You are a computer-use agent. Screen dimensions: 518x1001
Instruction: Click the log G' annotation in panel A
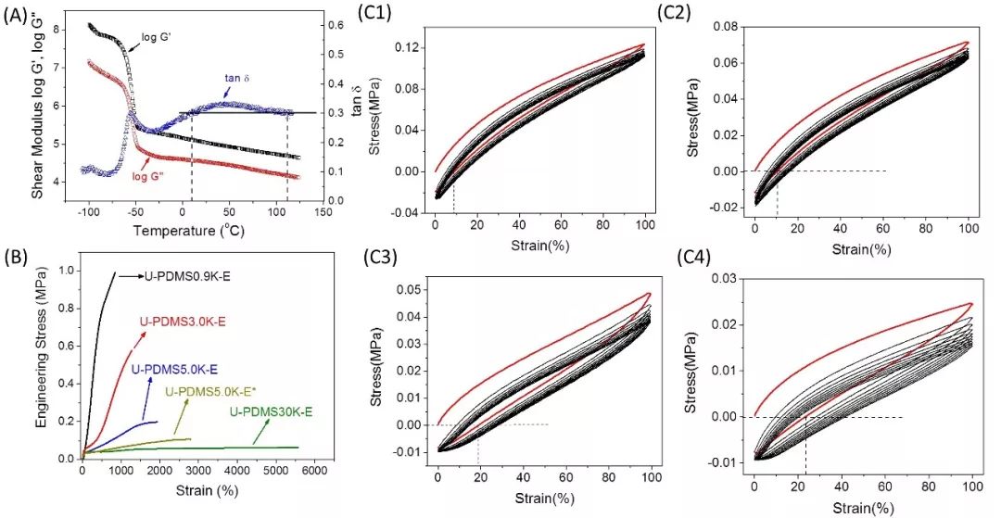click(159, 38)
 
